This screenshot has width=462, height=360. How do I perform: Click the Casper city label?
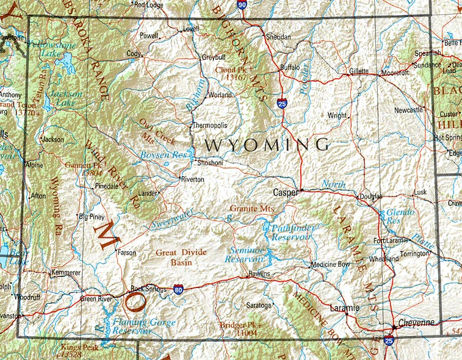click(284, 192)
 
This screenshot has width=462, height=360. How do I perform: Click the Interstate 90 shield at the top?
click(242, 5)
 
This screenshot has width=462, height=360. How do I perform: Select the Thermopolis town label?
click(209, 125)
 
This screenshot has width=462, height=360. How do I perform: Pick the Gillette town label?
click(359, 71)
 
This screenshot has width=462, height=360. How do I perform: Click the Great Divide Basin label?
click(181, 257)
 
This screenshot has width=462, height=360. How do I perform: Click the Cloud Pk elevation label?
click(234, 74)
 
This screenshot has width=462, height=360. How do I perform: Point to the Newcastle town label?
click(408, 110)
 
